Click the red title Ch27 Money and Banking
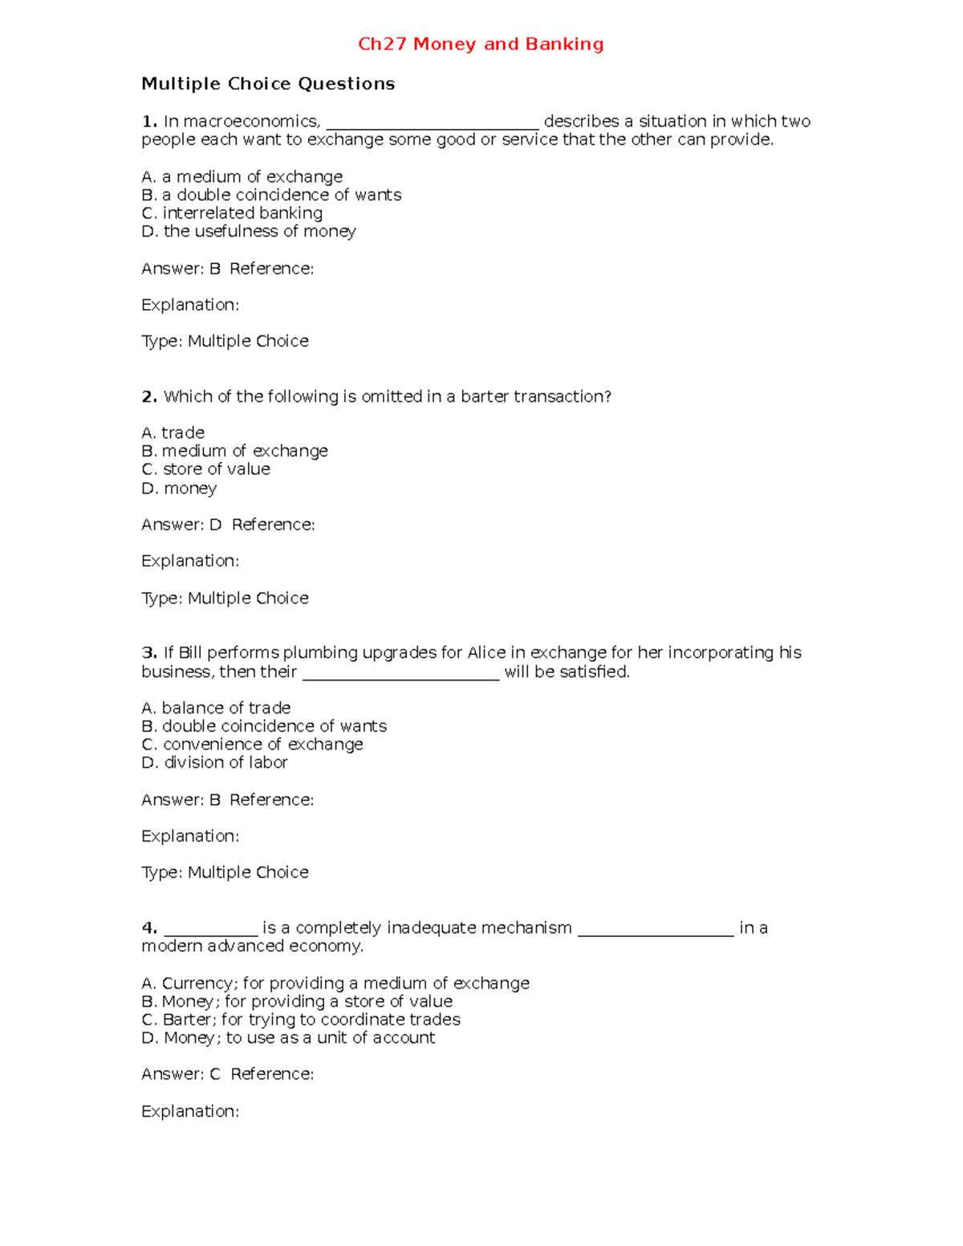point(481,44)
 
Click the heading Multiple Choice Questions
point(268,84)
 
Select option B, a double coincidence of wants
point(271,195)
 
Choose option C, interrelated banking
point(232,213)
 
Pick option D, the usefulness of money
point(249,232)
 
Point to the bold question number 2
point(148,396)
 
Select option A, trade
point(173,433)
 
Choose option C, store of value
point(205,469)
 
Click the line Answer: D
point(181,525)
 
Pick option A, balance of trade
point(216,708)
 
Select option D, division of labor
point(214,763)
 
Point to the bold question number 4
point(148,928)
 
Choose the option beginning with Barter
point(301,1020)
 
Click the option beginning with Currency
point(335,984)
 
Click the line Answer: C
point(181,1074)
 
